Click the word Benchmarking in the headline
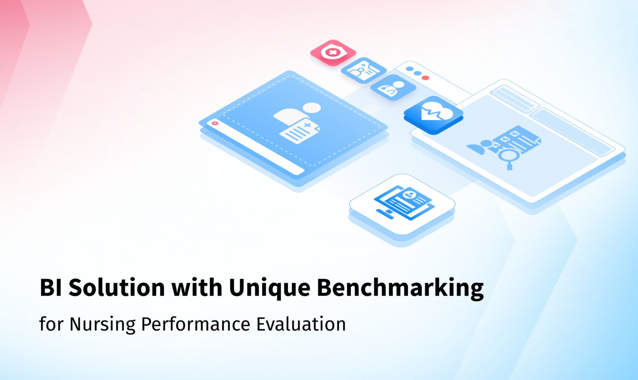[400, 287]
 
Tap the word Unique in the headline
[269, 287]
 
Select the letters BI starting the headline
[51, 287]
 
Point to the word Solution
[117, 287]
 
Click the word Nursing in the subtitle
[102, 324]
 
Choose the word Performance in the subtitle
[195, 324]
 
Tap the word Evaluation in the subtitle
[301, 324]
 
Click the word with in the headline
[197, 287]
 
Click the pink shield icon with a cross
[333, 53]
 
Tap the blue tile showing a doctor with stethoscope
[393, 87]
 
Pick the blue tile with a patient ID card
[363, 70]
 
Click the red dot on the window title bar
[425, 78]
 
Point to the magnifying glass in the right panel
[508, 157]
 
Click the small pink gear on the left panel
[215, 123]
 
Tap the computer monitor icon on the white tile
[404, 202]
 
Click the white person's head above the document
[312, 108]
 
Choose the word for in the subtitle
[52, 324]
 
